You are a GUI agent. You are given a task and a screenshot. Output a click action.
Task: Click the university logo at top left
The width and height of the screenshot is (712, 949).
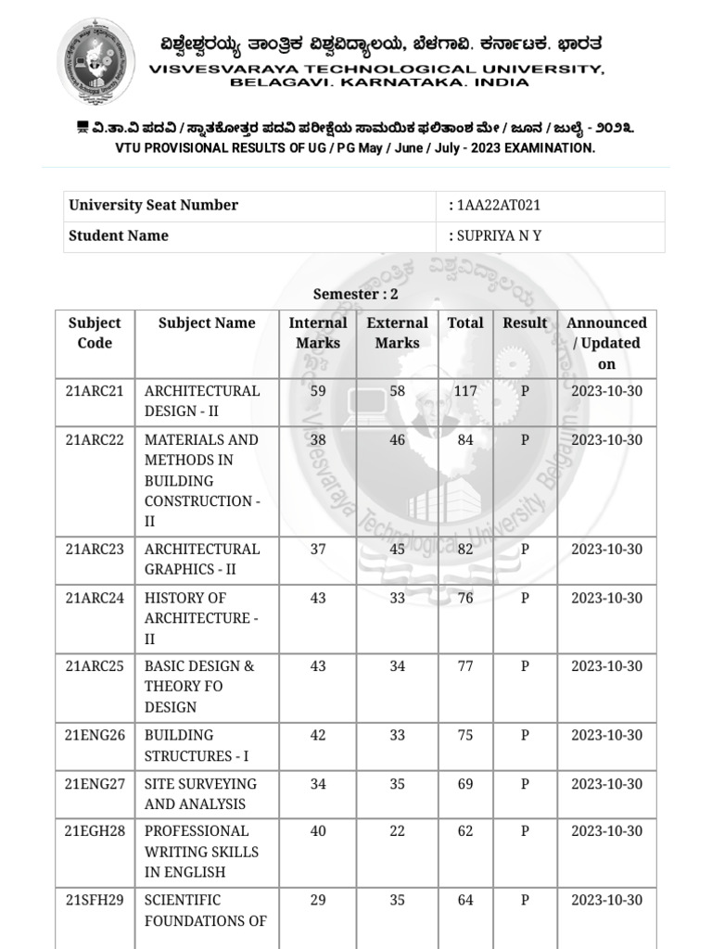click(96, 61)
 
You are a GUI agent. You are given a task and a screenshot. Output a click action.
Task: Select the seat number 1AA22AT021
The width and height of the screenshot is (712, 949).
click(498, 206)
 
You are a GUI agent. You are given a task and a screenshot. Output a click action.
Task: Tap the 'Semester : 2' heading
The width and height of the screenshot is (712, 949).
click(355, 295)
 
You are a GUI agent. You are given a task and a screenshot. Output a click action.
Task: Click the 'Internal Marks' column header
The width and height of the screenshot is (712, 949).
click(318, 333)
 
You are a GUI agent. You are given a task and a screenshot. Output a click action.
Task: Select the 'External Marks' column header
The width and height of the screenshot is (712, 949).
click(397, 333)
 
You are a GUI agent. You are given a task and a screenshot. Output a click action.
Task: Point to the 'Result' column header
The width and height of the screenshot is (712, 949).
click(525, 323)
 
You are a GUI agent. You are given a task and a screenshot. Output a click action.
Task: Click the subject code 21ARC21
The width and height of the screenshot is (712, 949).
click(95, 391)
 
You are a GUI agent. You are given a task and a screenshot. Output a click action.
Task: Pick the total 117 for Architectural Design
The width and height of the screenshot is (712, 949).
click(465, 391)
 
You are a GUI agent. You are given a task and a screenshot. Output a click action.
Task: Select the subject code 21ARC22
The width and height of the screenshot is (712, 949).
click(95, 440)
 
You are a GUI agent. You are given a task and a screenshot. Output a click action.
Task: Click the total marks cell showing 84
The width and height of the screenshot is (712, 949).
click(465, 440)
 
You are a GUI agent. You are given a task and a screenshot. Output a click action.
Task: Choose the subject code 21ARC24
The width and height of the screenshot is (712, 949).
click(95, 599)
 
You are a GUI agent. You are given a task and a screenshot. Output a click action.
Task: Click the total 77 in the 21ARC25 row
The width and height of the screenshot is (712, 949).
click(465, 666)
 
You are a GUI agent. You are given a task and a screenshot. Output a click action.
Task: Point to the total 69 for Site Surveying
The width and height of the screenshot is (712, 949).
click(465, 784)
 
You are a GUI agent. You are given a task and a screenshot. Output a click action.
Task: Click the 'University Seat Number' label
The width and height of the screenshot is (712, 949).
click(153, 206)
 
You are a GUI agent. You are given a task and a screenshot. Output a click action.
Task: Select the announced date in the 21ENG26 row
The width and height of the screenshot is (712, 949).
click(606, 736)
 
